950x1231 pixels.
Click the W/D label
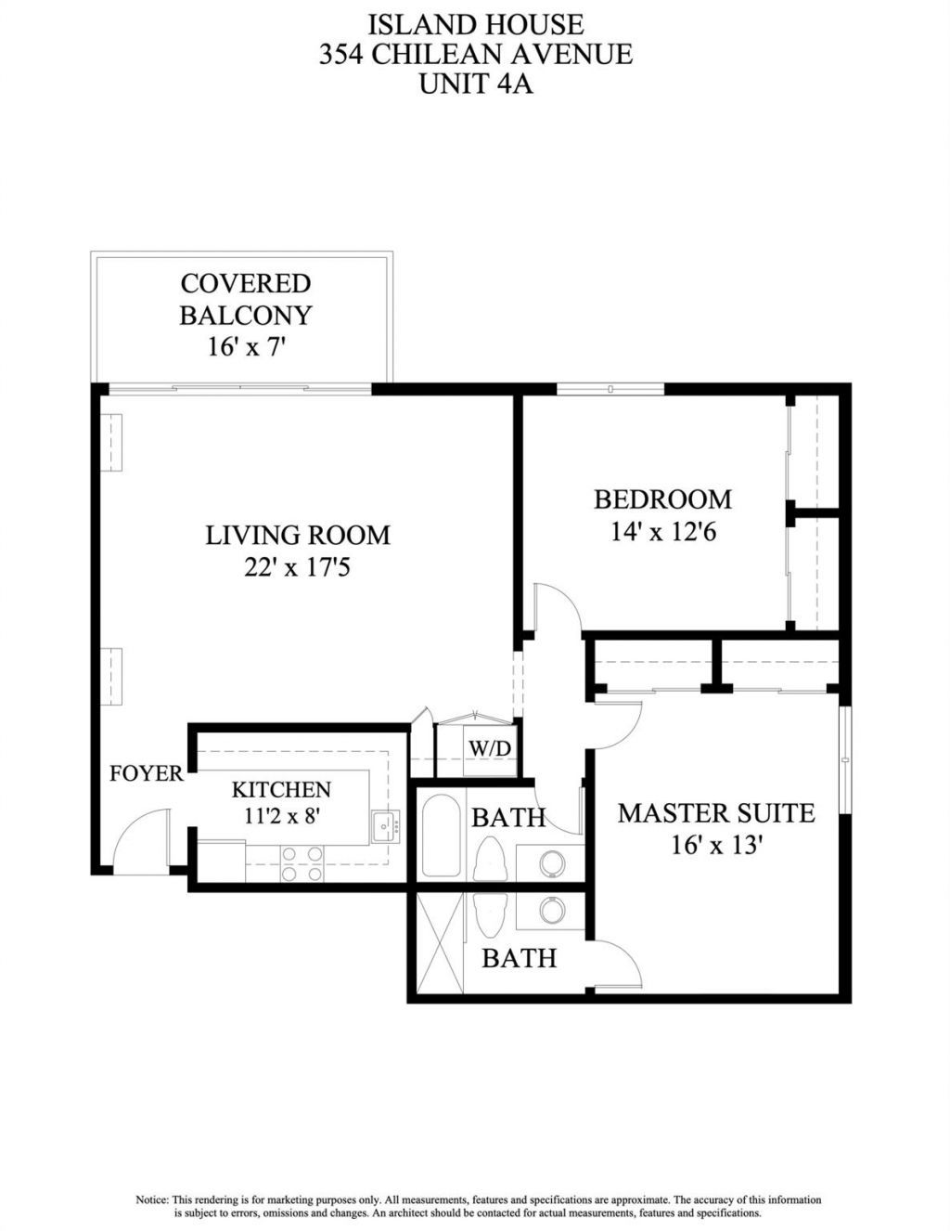click(x=490, y=748)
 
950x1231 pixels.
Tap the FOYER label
click(x=147, y=773)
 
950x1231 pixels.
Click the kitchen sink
click(x=385, y=824)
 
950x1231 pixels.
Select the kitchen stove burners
click(x=302, y=863)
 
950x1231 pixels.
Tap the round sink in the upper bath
click(x=552, y=862)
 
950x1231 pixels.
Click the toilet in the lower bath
click(x=488, y=914)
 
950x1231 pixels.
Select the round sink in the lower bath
click(x=552, y=911)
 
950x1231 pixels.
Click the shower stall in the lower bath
click(x=439, y=942)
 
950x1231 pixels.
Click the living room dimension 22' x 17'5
click(x=297, y=567)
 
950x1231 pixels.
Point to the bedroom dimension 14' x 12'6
click(x=664, y=533)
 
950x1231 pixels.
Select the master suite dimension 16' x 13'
click(x=716, y=846)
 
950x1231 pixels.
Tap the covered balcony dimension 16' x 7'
click(x=246, y=347)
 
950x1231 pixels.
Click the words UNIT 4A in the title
click(x=475, y=84)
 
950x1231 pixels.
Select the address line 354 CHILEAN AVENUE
click(x=475, y=54)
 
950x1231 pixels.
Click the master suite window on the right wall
click(x=845, y=760)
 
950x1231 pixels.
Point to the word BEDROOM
click(x=662, y=499)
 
